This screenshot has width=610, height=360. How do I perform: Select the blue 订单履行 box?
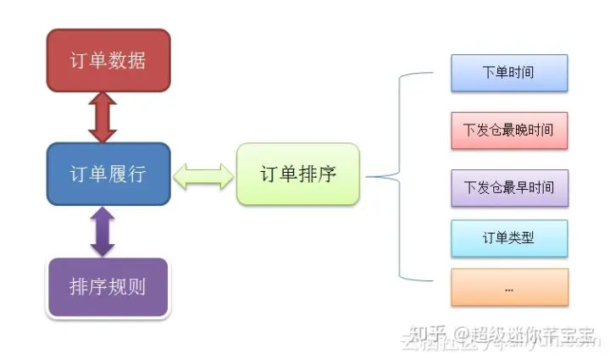(108, 174)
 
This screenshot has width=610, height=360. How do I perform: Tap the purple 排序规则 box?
(108, 286)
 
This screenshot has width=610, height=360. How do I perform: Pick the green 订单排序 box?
(297, 174)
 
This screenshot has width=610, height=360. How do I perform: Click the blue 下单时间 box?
(508, 73)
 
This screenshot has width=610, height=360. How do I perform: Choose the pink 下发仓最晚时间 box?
(508, 130)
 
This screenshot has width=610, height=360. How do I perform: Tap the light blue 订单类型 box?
(508, 238)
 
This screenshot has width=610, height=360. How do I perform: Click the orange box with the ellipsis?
(508, 287)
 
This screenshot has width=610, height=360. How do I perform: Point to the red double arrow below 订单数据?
(103, 118)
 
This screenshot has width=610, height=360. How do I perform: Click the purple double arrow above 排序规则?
(103, 230)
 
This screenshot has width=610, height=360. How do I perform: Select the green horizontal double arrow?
(203, 175)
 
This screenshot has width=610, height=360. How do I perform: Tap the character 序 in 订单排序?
(326, 174)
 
